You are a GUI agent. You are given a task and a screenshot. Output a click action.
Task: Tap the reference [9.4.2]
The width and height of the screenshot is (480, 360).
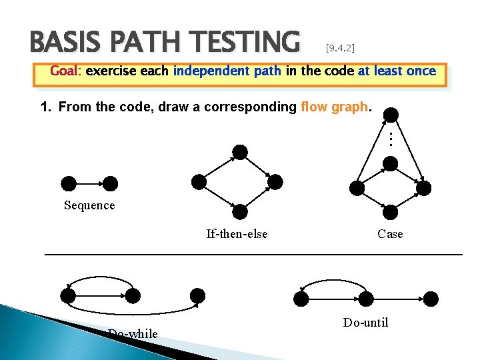pos(340,48)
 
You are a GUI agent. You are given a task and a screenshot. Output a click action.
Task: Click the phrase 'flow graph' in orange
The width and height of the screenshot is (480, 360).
pos(333,107)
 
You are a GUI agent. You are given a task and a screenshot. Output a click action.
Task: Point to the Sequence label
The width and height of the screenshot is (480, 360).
pos(89,205)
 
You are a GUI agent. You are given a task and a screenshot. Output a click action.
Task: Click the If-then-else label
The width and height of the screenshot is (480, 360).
pos(237,233)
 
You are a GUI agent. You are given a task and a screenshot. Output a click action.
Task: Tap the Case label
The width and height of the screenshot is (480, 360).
pos(390,233)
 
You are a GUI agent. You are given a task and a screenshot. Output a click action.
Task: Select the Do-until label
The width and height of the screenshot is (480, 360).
pos(365,323)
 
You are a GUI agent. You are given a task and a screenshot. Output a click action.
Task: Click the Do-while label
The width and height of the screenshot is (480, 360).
pos(133,333)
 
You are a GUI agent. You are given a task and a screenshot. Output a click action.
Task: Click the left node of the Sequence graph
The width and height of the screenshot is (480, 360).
pos(68,183)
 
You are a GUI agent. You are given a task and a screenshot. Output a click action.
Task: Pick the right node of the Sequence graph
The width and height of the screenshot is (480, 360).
pos(111,183)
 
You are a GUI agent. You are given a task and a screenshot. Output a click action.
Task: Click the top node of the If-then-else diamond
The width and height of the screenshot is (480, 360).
pos(240,152)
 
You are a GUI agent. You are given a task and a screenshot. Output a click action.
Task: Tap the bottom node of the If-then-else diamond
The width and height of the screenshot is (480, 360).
pos(240,212)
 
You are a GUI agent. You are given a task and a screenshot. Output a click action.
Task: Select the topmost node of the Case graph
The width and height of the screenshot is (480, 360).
pos(392,115)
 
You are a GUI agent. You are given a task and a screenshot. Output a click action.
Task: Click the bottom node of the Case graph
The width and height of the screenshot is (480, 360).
pos(391,212)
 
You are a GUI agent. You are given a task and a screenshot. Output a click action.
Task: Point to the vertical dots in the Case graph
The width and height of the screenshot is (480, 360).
pos(391,139)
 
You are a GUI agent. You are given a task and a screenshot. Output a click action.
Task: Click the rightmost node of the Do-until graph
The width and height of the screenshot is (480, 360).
pos(431,298)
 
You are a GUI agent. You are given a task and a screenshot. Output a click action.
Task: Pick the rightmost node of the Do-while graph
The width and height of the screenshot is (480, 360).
pos(197,295)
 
